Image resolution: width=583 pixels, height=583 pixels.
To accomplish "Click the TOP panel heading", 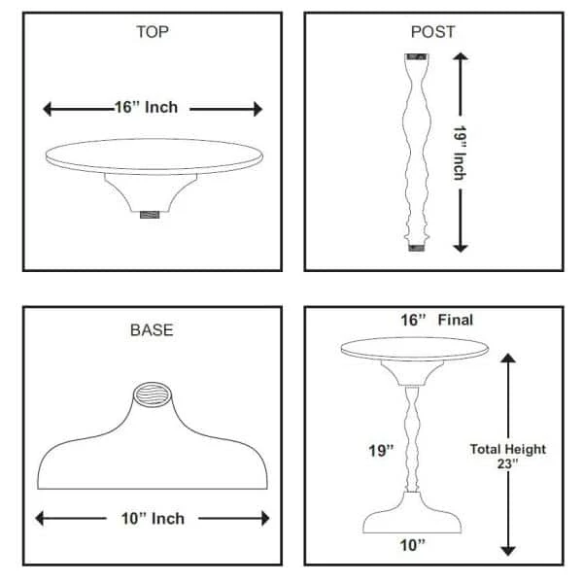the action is (153, 32).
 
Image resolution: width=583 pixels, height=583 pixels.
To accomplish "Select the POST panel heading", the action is (432, 32).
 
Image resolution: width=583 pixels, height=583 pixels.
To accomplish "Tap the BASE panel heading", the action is (152, 330).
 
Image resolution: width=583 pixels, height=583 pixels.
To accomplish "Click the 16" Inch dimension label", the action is (146, 107).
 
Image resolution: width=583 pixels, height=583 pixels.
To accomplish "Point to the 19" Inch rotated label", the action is (460, 153).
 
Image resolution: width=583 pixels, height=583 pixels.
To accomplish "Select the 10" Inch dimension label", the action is (153, 518).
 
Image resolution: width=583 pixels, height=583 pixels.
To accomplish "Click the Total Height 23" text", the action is (508, 457).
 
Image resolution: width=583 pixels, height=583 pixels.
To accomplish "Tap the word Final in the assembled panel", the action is (456, 320).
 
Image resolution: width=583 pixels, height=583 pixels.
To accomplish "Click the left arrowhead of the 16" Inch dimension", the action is (48, 109).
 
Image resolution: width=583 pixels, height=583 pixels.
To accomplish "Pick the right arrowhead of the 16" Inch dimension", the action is (258, 109).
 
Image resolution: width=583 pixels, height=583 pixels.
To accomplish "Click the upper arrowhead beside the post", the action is (461, 56).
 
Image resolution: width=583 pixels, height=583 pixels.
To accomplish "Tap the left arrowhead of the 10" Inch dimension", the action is (40, 518).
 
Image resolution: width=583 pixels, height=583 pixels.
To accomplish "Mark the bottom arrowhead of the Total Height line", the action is (508, 551).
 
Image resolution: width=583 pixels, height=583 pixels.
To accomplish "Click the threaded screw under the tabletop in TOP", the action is (150, 215).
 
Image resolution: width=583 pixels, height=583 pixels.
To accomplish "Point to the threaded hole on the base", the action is (153, 394).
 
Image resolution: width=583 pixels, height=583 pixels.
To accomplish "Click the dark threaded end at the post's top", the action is (417, 57).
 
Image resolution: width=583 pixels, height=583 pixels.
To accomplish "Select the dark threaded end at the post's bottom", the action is (417, 248).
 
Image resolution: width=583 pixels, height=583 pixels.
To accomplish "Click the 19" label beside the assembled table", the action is (381, 451).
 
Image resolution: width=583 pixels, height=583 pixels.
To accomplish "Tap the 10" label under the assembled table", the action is (412, 545).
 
